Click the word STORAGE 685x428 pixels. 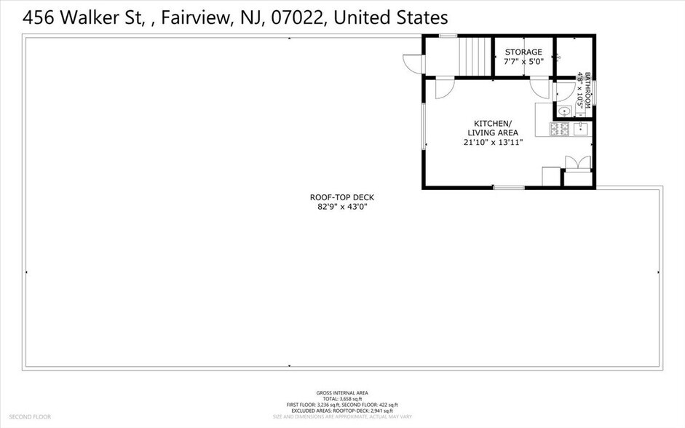pyautogui.click(x=524, y=52)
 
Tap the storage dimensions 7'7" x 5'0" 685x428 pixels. pyautogui.click(x=524, y=61)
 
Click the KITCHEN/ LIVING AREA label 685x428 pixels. pyautogui.click(x=493, y=127)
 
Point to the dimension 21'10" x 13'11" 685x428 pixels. pyautogui.click(x=493, y=142)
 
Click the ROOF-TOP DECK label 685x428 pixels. pyautogui.click(x=341, y=197)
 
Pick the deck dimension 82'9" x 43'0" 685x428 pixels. pyautogui.click(x=341, y=207)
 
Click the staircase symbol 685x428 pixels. pyautogui.click(x=476, y=55)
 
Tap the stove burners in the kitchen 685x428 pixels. pyautogui.click(x=559, y=130)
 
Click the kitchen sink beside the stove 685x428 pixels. pyautogui.click(x=580, y=130)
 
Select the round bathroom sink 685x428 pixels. pyautogui.click(x=563, y=111)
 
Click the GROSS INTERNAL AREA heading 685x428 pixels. pyautogui.click(x=342, y=392)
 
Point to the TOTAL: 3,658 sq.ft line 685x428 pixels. pyautogui.click(x=342, y=399)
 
